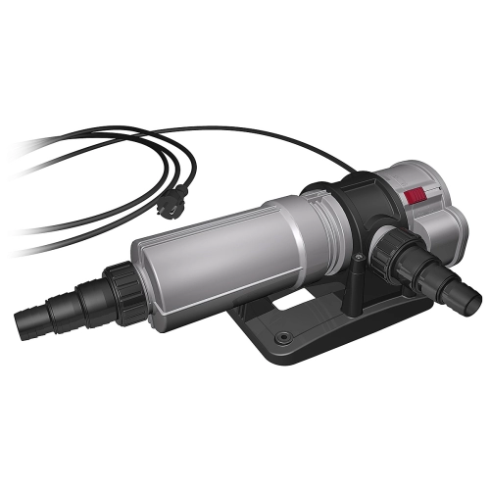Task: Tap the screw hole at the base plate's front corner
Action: coord(283,338)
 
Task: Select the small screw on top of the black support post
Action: coord(359,258)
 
